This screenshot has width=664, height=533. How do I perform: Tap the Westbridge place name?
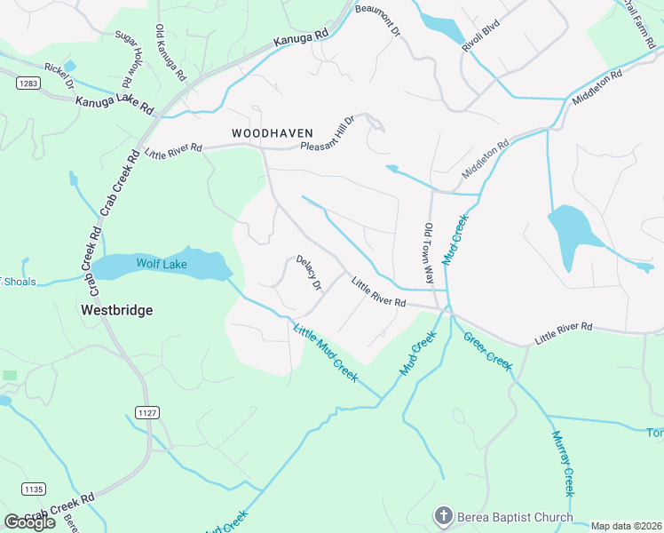coord(116,310)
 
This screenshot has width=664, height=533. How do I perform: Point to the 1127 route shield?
coord(146,412)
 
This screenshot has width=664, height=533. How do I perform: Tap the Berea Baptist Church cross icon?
coord(443,516)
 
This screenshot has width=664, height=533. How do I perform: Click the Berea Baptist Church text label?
coord(515,517)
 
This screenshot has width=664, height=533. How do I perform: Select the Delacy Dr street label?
coord(309,273)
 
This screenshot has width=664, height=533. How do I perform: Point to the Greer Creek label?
coord(487,351)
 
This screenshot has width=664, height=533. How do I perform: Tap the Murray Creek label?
coord(563,464)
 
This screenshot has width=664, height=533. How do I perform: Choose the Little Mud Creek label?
coord(325,353)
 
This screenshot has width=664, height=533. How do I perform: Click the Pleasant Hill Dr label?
coord(328,135)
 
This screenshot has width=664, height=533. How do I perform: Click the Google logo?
coord(29,522)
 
